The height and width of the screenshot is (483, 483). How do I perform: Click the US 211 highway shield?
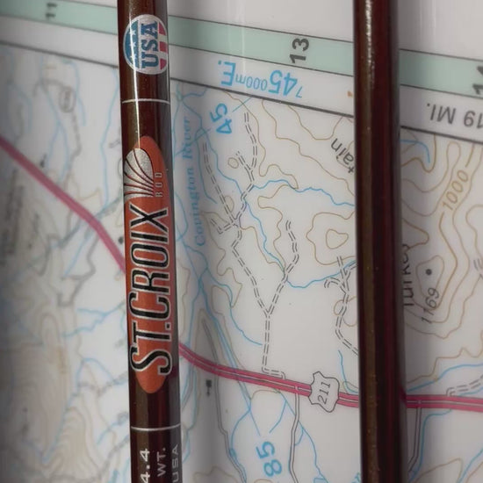[322, 389]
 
